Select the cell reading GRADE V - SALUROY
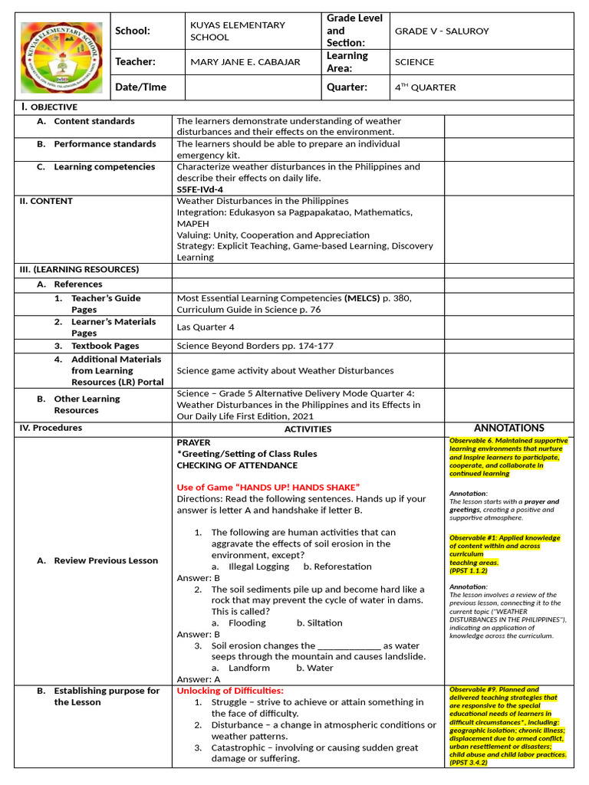tap(441, 31)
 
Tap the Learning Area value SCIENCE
tap(414, 62)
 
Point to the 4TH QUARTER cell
tap(425, 87)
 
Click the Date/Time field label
tap(140, 87)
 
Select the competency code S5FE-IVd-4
tap(199, 189)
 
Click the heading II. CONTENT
tap(46, 201)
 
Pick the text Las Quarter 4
tap(206, 327)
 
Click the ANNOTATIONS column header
tap(508, 428)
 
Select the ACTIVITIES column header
tap(308, 429)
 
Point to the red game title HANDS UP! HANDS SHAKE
tap(268, 488)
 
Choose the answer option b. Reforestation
tap(337, 567)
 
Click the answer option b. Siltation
tap(319, 623)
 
